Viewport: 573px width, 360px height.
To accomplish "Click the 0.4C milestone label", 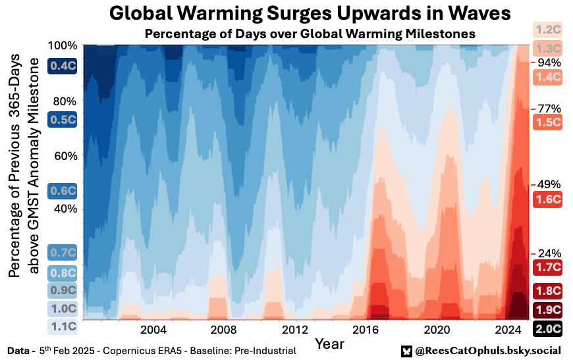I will pyautogui.click(x=63, y=65).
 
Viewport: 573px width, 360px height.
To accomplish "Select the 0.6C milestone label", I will pyautogui.click(x=63, y=192).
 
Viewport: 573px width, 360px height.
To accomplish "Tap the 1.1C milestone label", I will pyautogui.click(x=63, y=325).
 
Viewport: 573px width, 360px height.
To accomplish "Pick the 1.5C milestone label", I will pyautogui.click(x=548, y=122).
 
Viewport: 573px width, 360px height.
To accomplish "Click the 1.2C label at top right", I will pyautogui.click(x=548, y=29).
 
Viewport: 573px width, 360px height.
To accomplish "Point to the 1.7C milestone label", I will pyautogui.click(x=548, y=267).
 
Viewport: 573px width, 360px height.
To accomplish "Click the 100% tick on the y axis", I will pyautogui.click(x=63, y=45).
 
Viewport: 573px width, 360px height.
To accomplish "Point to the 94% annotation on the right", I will pyautogui.click(x=549, y=63).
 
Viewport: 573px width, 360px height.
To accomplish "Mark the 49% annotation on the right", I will pyautogui.click(x=549, y=184).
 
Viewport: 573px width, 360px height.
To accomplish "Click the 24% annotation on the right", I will pyautogui.click(x=549, y=253).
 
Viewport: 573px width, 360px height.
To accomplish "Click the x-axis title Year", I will pyautogui.click(x=329, y=344).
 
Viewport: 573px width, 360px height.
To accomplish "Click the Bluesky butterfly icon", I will pyautogui.click(x=406, y=351).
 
